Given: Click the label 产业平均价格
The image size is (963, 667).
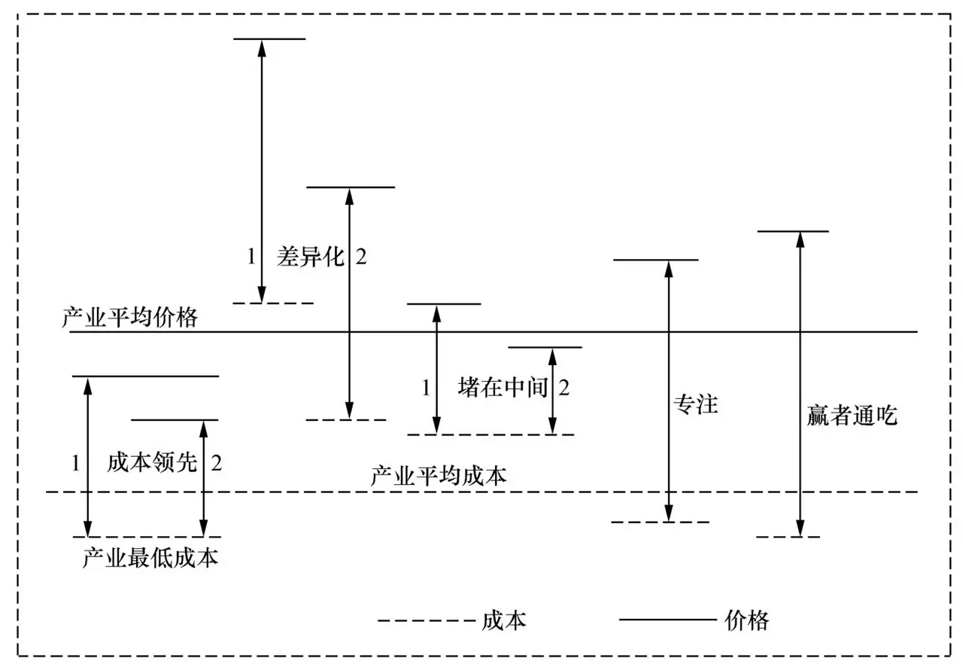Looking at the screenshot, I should click(x=129, y=318).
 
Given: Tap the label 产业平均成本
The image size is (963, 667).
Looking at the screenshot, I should click(x=439, y=476).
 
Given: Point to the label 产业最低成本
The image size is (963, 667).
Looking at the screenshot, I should click(x=150, y=558).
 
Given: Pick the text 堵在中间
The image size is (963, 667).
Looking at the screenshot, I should click(x=502, y=388).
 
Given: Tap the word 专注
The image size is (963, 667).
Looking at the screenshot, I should click(x=696, y=405).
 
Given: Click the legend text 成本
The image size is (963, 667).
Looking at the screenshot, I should click(x=503, y=620).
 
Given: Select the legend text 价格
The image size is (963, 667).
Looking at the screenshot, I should click(x=747, y=620).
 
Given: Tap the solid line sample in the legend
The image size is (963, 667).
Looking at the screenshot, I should click(x=667, y=621).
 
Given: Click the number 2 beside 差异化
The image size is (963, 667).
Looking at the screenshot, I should click(x=361, y=257).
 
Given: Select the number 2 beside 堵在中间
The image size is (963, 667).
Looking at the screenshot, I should click(x=564, y=388).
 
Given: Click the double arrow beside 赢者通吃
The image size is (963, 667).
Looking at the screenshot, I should click(x=800, y=384).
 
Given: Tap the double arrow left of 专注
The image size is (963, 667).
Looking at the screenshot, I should click(x=667, y=391).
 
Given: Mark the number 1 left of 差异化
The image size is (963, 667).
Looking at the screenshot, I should click(x=251, y=257).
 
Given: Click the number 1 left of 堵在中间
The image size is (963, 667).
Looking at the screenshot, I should click(x=425, y=388).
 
